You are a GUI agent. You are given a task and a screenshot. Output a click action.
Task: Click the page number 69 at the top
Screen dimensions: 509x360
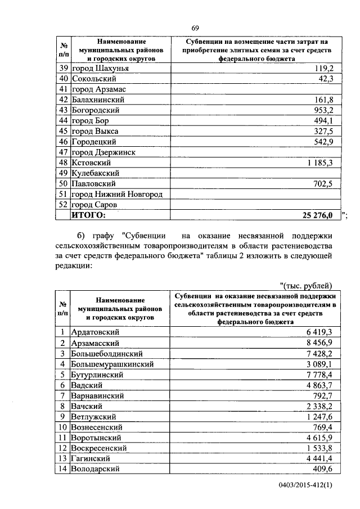click(x=195, y=28)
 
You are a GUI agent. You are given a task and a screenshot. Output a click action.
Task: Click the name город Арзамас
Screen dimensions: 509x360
click(x=98, y=89)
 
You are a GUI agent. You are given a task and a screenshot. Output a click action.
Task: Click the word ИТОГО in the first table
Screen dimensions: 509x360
click(x=88, y=215)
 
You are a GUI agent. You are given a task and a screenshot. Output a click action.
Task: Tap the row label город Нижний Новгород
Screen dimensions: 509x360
click(x=117, y=194)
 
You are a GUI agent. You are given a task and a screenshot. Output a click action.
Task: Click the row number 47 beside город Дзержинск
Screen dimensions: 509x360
click(x=63, y=152)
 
